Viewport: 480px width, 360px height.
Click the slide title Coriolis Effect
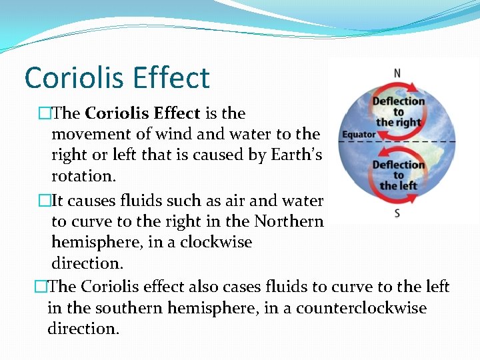[117, 77]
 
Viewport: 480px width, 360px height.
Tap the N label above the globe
[397, 73]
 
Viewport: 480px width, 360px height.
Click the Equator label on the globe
[359, 135]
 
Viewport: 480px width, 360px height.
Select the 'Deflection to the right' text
[398, 111]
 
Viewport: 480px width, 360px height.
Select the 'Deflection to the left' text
[398, 175]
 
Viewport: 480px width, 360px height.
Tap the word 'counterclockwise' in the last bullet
[357, 308]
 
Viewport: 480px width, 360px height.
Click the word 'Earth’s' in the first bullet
[296, 155]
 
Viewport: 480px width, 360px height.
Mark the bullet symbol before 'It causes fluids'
[45, 201]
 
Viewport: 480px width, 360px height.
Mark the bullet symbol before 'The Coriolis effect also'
[41, 287]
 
